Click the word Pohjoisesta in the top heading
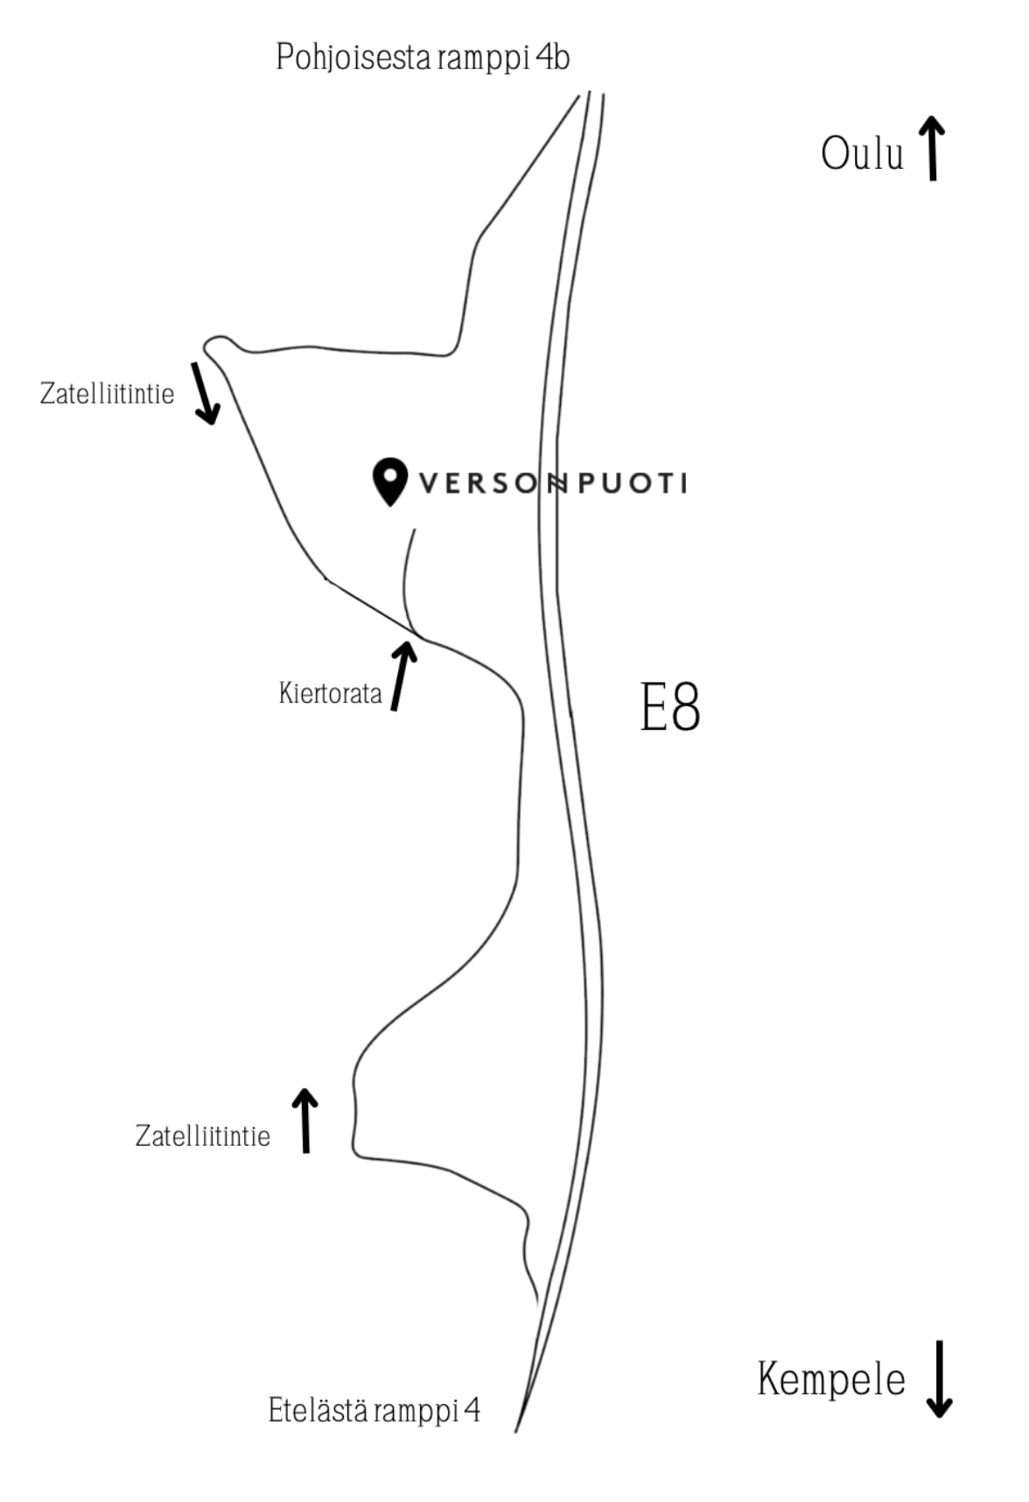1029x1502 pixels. [x=353, y=59]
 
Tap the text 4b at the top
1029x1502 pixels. [x=553, y=57]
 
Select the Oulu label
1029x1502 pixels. [x=862, y=153]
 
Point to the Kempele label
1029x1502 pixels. [x=831, y=1379]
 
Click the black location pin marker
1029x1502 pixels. [x=390, y=481]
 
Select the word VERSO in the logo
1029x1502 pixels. [x=479, y=483]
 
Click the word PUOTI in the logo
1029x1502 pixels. [x=633, y=483]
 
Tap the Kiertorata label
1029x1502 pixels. [x=331, y=693]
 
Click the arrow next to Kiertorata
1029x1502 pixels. [x=402, y=675]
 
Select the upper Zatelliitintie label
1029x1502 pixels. [x=107, y=394]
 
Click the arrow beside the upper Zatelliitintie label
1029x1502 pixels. [x=206, y=392]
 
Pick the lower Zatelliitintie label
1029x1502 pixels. [x=203, y=1136]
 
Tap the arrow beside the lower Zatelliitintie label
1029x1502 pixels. [x=305, y=1121]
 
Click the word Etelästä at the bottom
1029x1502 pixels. [x=317, y=1410]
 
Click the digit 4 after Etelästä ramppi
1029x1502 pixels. [x=472, y=1409]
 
